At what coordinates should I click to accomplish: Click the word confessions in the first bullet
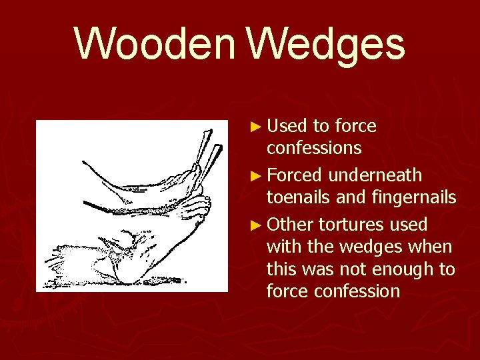pos(314,147)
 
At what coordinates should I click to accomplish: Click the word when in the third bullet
pos(433,247)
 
